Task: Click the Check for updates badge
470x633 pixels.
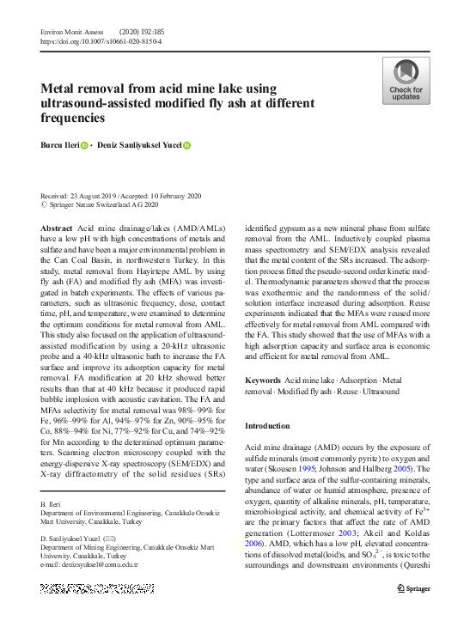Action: [406, 81]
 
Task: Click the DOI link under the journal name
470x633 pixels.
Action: [101, 40]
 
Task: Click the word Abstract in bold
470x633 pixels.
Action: [57, 228]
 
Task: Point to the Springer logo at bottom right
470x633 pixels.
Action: [413, 588]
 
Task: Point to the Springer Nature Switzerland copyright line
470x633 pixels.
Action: [99, 206]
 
